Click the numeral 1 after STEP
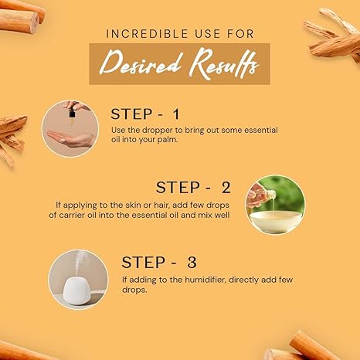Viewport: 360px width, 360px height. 176,114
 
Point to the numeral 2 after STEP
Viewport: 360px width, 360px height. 226,187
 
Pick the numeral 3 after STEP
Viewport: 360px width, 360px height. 192,263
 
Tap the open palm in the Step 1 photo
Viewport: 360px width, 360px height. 71,139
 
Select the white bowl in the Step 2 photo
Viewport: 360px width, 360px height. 276,221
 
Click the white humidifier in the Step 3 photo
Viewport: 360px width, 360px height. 76,291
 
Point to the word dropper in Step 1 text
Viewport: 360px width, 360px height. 158,131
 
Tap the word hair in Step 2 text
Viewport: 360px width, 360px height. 161,205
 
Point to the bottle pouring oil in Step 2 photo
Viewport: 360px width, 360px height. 268,195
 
